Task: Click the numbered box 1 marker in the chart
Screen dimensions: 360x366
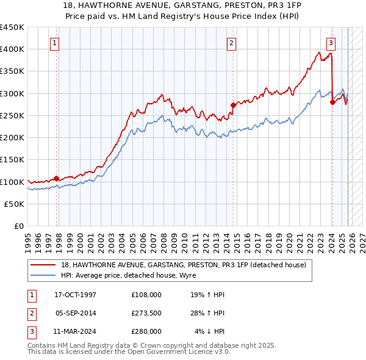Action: tap(55, 43)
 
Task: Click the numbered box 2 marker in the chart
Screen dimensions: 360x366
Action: tap(232, 43)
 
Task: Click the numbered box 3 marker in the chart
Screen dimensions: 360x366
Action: tap(330, 43)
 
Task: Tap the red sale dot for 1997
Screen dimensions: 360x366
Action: tap(57, 178)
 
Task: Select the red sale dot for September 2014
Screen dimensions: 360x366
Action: tap(233, 105)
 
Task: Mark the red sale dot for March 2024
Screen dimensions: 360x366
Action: tap(332, 103)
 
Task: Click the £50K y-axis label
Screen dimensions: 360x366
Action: tap(15, 204)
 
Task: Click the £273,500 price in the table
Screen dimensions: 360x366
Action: tap(146, 313)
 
